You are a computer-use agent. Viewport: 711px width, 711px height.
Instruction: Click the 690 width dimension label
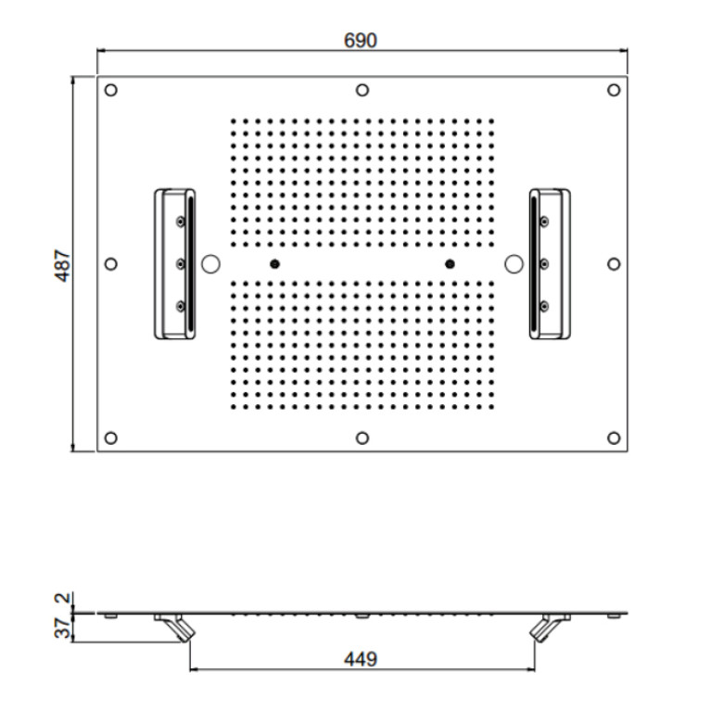(x=361, y=41)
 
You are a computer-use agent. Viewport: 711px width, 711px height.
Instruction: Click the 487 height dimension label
(x=63, y=265)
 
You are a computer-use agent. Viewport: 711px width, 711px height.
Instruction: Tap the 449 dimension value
(x=361, y=659)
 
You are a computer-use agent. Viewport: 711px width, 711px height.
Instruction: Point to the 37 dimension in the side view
(x=63, y=628)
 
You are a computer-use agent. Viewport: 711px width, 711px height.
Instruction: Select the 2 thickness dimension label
(x=63, y=598)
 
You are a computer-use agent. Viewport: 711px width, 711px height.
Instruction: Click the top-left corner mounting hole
(x=111, y=90)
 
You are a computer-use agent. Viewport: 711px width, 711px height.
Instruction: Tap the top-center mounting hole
(x=362, y=90)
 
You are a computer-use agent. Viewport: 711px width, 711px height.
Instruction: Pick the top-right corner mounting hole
(x=614, y=90)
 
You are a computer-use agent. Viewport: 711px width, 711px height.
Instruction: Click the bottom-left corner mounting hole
(x=111, y=438)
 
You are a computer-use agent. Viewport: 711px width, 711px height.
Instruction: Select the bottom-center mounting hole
(x=362, y=438)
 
